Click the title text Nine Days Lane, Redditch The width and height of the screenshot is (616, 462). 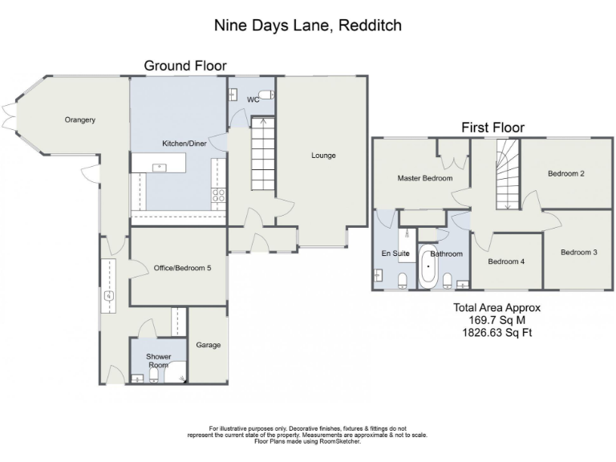pyautogui.click(x=307, y=25)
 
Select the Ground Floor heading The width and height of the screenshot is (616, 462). pyautogui.click(x=185, y=65)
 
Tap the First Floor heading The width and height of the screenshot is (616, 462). pyautogui.click(x=492, y=127)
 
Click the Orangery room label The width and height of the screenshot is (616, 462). pyautogui.click(x=80, y=120)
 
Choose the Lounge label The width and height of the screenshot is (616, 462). pyautogui.click(x=323, y=155)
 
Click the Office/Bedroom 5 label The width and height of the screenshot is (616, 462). pyautogui.click(x=177, y=268)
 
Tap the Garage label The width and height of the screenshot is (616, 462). pyautogui.click(x=207, y=345)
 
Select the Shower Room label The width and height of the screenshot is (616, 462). pyautogui.click(x=158, y=360)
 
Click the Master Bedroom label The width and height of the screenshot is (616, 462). pyautogui.click(x=425, y=178)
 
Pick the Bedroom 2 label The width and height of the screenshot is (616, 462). pyautogui.click(x=565, y=173)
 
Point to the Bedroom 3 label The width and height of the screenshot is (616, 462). pyautogui.click(x=578, y=252)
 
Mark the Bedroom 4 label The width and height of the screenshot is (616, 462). pyautogui.click(x=506, y=261)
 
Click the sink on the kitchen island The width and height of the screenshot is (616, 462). pyautogui.click(x=159, y=167)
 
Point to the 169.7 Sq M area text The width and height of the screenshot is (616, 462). pyautogui.click(x=496, y=318)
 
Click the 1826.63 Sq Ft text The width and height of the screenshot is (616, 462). pyautogui.click(x=496, y=330)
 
